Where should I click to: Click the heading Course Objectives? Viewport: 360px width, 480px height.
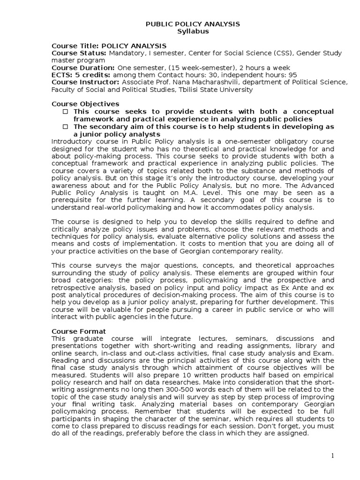coord(85,104)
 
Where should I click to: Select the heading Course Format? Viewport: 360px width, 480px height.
coord(79,331)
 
